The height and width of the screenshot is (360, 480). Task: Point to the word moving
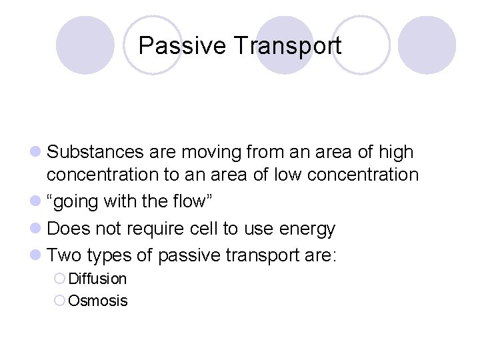coord(217,152)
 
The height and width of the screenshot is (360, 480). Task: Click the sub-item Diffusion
coord(97,279)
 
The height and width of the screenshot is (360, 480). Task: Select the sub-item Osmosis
coord(98,301)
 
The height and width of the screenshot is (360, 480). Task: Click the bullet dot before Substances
coord(39,153)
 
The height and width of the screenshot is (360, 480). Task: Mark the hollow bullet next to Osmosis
coord(60,301)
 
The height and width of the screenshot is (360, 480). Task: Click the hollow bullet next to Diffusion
coord(60,279)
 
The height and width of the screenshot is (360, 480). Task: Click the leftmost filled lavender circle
coord(85,45)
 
